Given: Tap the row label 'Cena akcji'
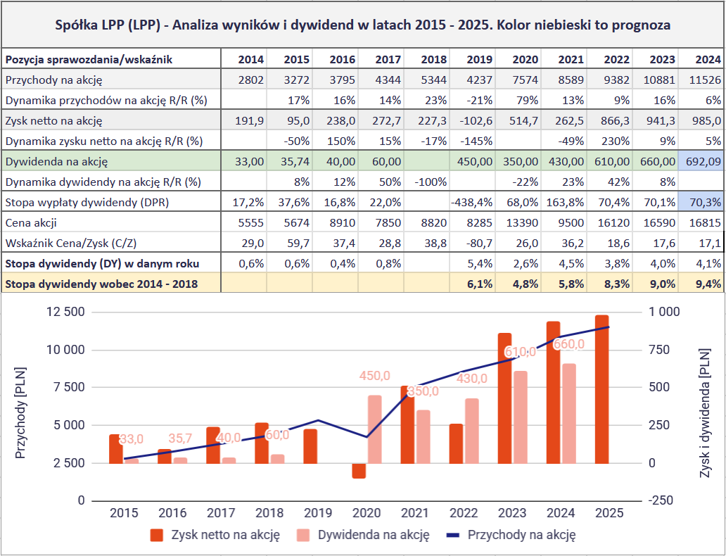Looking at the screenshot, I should [x=31, y=223].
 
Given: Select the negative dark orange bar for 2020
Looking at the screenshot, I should [x=359, y=471].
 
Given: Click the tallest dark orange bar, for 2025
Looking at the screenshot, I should [x=601, y=389].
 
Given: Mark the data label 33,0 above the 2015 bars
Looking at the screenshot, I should [x=131, y=439].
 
